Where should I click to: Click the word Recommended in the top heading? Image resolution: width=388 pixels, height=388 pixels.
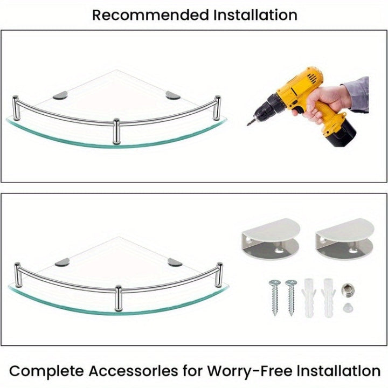[x=150, y=15]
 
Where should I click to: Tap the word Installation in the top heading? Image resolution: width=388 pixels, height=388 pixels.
[x=255, y=15]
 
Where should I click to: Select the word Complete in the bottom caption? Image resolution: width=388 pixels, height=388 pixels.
[x=47, y=371]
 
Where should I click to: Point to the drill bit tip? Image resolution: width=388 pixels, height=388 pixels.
[x=248, y=124]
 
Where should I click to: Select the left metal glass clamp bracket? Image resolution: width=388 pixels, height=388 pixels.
[x=271, y=239]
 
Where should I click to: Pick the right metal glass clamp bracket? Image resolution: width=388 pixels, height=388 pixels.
[x=345, y=239]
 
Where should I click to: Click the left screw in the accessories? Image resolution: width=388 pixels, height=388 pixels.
[x=275, y=297]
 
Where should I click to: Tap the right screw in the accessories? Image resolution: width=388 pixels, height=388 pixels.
[x=291, y=297]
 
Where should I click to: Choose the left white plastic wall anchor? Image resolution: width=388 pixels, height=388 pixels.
[x=309, y=297]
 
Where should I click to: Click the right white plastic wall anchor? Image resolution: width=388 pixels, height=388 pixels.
[x=328, y=297]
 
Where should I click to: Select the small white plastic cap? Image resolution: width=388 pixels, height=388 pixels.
[x=348, y=308]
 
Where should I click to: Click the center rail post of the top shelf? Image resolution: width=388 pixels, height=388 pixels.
[x=116, y=131]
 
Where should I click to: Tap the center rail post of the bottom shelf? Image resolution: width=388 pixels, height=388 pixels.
[x=118, y=298]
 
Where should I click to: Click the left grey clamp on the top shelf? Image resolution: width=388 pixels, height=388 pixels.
[x=60, y=95]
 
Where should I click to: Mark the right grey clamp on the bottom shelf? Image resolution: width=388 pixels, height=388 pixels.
[x=175, y=262]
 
